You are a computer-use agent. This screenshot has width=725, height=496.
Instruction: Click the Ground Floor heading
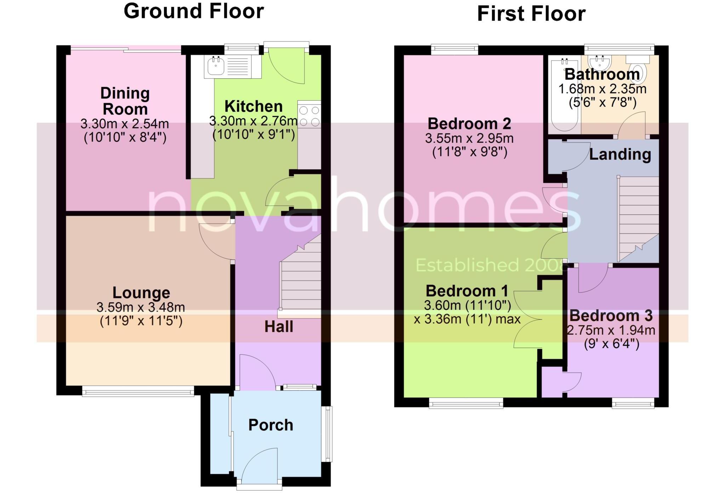tap(194, 11)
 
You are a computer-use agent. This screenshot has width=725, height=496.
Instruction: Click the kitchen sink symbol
tap(216, 67)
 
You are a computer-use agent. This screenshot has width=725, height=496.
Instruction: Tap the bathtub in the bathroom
tap(564, 96)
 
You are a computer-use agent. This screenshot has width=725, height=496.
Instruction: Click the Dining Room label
tap(125, 101)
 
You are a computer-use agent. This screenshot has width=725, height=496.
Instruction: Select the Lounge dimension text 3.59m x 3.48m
tap(141, 307)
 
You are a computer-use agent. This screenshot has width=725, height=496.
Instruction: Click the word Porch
tap(271, 425)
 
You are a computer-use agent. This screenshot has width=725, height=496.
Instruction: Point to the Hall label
tap(279, 327)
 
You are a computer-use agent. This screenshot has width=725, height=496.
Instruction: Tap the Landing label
tap(620, 154)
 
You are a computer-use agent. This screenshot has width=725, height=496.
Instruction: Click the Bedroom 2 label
tap(469, 124)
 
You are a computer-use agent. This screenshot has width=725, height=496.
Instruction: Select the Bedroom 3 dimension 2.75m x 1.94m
tap(611, 330)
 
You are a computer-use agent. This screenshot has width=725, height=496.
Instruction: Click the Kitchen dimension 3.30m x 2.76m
tap(253, 121)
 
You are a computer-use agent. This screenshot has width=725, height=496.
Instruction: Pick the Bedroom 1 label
tap(467, 291)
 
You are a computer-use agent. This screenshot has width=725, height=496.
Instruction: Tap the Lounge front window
tap(138, 391)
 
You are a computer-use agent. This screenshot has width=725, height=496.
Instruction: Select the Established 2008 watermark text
tap(489, 265)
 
